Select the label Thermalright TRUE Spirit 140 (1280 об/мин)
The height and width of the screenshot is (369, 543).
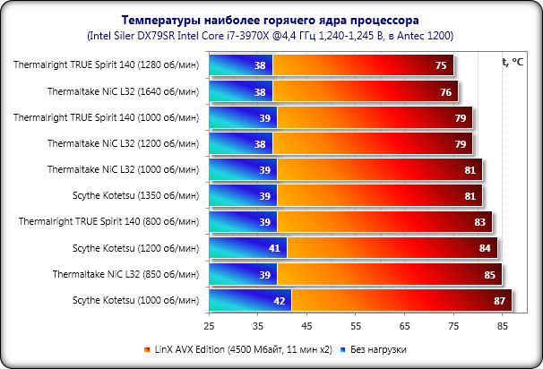(106, 65)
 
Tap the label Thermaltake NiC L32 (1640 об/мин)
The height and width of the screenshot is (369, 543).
(122, 91)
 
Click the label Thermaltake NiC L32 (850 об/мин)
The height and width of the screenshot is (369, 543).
(125, 274)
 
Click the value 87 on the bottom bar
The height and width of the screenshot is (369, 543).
(500, 301)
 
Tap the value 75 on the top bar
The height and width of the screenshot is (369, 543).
(441, 65)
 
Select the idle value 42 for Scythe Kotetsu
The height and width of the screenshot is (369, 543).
(280, 301)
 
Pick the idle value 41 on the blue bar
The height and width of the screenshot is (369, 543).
(275, 248)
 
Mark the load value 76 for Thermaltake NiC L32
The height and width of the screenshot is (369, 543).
(446, 91)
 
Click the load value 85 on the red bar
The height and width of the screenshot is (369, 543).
(490, 274)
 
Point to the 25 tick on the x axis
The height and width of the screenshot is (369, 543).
(209, 327)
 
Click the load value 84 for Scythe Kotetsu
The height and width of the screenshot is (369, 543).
(485, 248)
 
